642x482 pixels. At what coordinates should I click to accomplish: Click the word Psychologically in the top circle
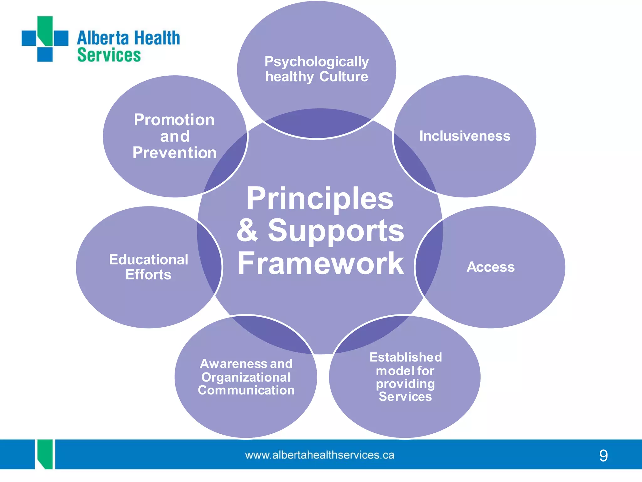coord(317,62)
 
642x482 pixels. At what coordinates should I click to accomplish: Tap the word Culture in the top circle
coord(344,77)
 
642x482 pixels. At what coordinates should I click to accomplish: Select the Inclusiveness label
coord(465,136)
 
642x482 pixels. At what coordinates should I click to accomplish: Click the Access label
coord(491,267)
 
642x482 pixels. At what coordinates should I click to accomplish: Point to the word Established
coord(406,357)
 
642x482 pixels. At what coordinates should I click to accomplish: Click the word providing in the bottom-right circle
coord(405,384)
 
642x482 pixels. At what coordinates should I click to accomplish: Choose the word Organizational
coord(246,377)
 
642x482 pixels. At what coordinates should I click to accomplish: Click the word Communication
coord(246,390)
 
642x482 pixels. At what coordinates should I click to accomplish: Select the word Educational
coord(149,260)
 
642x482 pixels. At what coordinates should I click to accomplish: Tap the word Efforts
coord(148,275)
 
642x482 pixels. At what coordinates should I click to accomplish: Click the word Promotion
coord(174,120)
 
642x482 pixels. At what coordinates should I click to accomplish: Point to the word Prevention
coord(174,153)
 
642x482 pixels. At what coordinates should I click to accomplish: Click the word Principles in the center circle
coord(320,198)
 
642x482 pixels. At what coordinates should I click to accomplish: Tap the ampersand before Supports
coord(248,231)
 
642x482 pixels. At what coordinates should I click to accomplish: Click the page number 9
coord(603,455)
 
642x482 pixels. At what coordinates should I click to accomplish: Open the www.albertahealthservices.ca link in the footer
coord(319,455)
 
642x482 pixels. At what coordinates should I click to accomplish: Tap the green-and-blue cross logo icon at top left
coord(45,39)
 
